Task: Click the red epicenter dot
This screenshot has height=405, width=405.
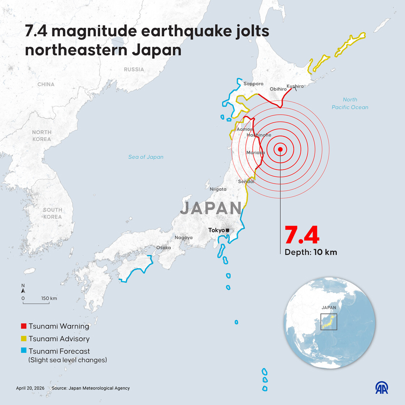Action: coord(280,150)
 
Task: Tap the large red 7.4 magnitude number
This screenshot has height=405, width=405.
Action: coord(302,235)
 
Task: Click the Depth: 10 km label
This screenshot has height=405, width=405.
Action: coord(310,252)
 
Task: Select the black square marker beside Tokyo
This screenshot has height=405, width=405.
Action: coord(227,230)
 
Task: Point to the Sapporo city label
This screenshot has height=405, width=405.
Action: coord(253,84)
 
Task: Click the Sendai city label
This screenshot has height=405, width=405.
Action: coord(246,182)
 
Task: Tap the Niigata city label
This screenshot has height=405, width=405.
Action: coord(218,189)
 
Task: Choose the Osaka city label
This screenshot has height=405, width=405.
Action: coord(163,248)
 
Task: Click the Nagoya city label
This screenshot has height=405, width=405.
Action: coord(184,238)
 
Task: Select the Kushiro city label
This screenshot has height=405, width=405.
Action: coord(295,86)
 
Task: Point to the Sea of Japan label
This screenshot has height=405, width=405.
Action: coord(146,157)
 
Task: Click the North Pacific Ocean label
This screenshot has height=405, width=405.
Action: coord(350,103)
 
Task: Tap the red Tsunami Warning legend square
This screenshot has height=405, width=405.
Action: coord(24,326)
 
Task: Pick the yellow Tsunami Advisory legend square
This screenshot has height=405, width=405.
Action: coord(24,339)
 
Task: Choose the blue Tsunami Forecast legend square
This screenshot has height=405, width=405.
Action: coord(24,351)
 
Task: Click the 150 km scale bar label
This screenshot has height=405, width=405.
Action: coord(49,298)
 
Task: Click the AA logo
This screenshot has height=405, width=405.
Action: coord(382,388)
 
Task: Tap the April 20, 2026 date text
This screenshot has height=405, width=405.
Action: coord(30,388)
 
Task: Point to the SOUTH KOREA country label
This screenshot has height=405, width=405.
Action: coord(52,213)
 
